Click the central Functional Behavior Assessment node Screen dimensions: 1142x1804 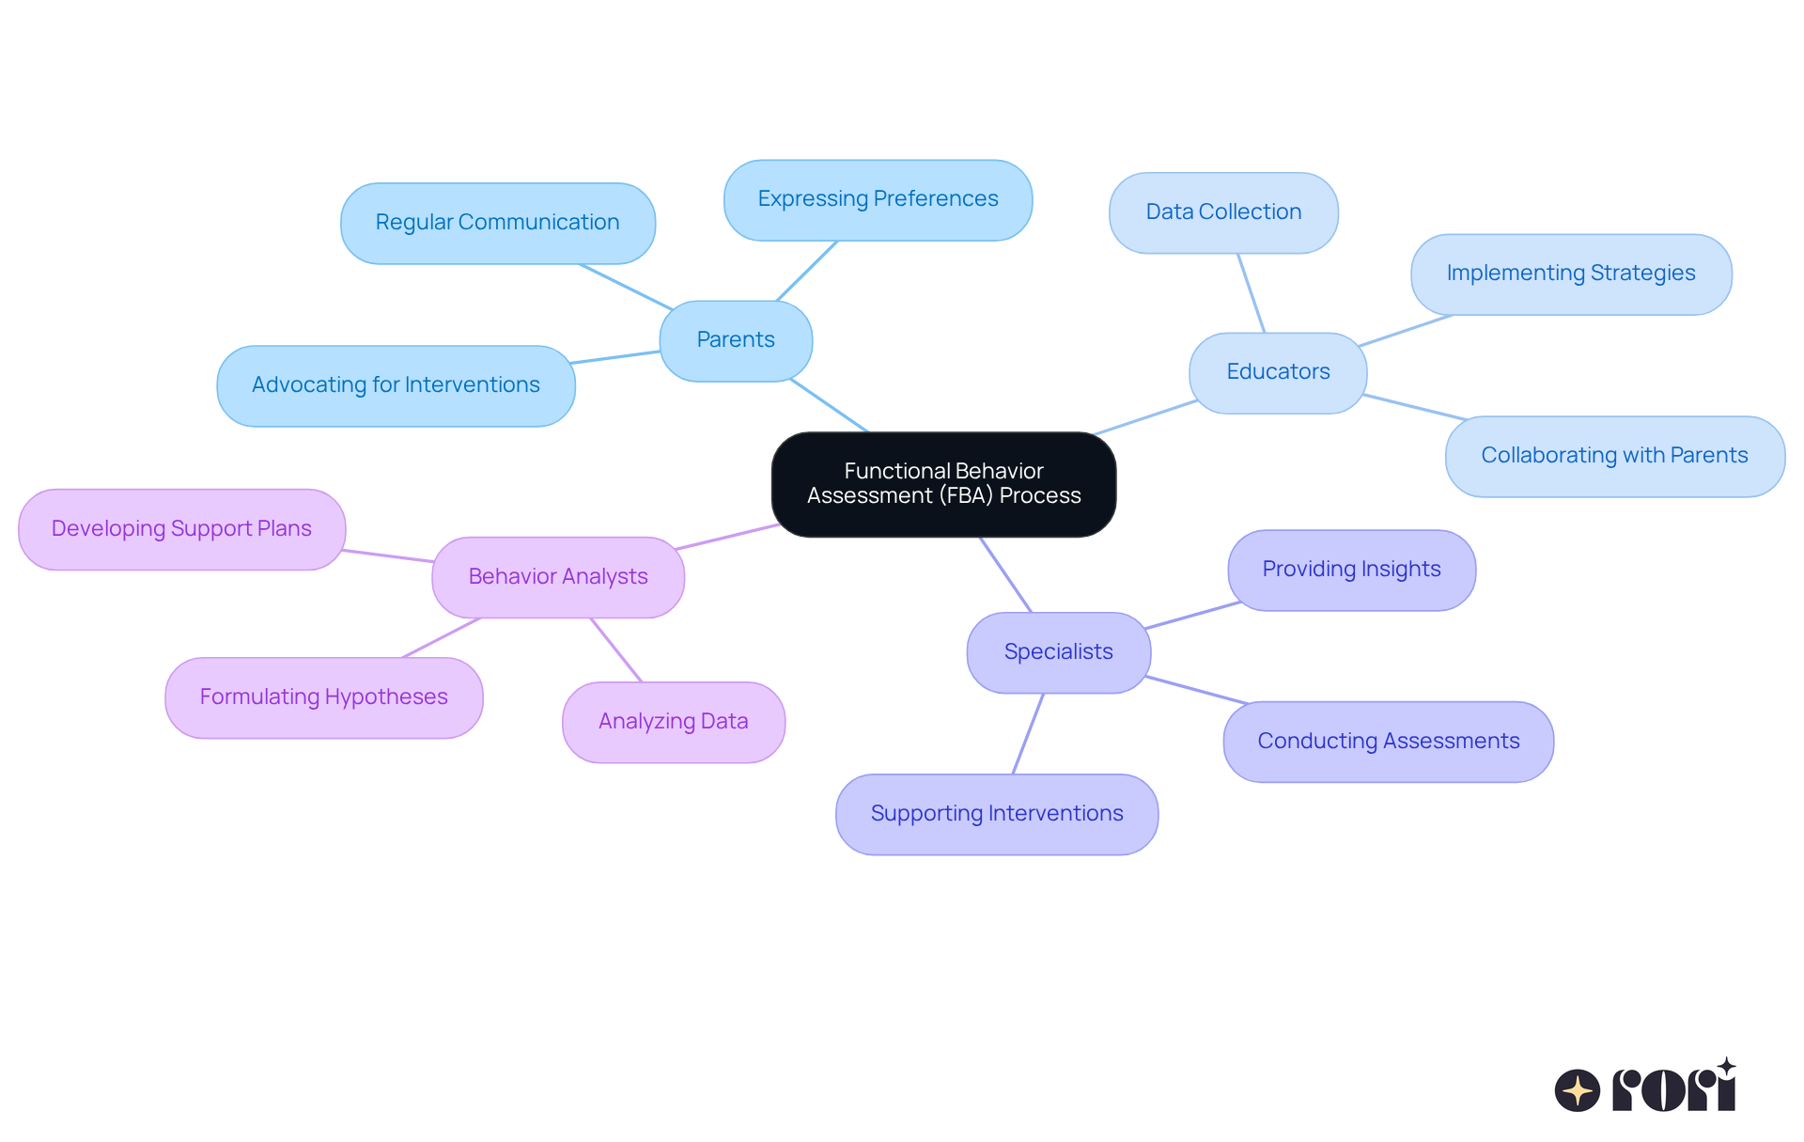coord(943,484)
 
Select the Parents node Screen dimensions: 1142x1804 coord(736,340)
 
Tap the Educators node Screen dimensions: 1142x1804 coord(1278,372)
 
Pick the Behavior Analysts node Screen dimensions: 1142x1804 coord(558,577)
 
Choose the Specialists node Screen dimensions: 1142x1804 coord(1058,652)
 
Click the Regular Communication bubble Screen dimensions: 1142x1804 coord(497,223)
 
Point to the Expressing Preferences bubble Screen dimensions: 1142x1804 coord(878,199)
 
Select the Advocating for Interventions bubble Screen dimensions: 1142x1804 coord(396,385)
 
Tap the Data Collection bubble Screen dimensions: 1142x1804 coord(1223,212)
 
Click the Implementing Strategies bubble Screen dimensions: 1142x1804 coord(1571,274)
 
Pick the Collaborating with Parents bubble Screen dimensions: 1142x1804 coord(1614,456)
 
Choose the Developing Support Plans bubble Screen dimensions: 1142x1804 coord(181,529)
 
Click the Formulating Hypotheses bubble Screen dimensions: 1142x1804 coord(323,697)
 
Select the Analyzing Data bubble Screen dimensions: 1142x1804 coord(673,722)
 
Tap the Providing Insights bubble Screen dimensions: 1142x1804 coord(1351,570)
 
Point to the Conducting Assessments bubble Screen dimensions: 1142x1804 coord(1388,742)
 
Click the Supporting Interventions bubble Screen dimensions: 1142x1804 coord(996,814)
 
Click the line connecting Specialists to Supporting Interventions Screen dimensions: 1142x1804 coord(1028,734)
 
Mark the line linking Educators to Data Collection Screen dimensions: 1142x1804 coord(1252,293)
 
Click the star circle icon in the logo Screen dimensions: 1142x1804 coord(1578,1090)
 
